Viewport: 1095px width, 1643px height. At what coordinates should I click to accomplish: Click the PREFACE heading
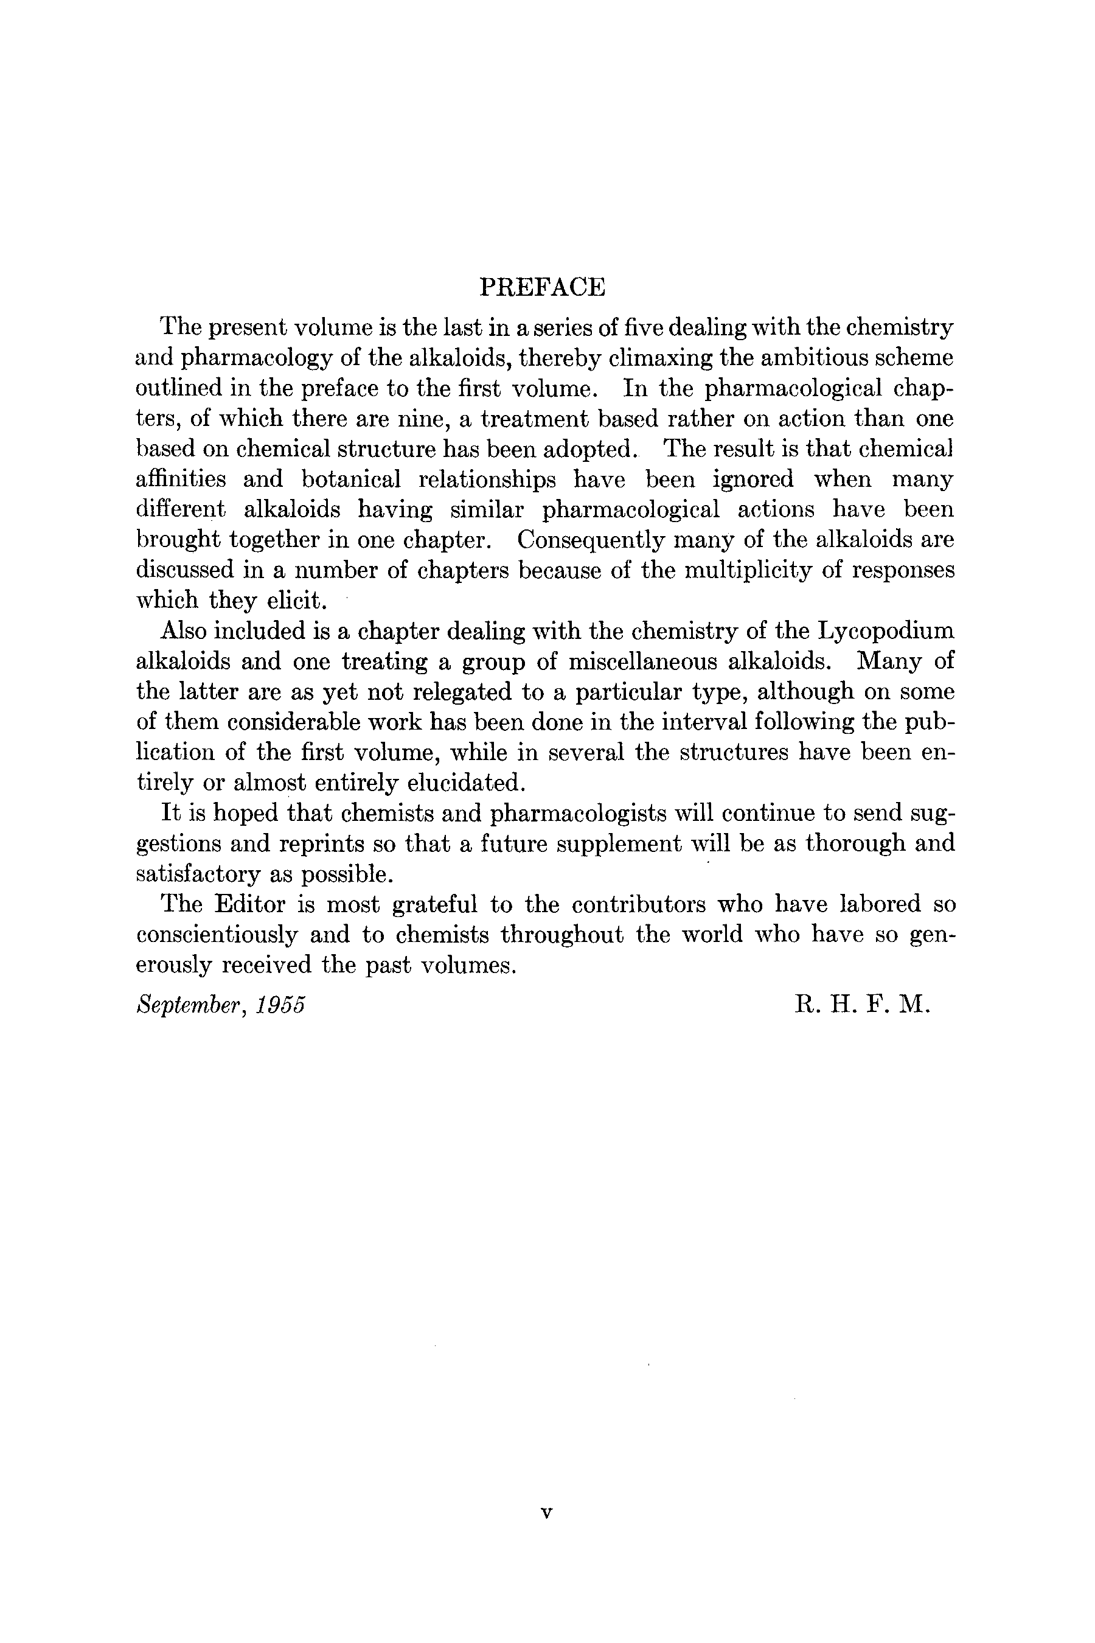click(x=542, y=287)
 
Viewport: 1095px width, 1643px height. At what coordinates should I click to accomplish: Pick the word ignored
click(x=753, y=480)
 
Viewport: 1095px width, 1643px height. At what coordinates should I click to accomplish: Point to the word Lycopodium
click(x=883, y=631)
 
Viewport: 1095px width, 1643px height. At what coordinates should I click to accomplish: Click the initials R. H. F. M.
click(x=863, y=1005)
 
